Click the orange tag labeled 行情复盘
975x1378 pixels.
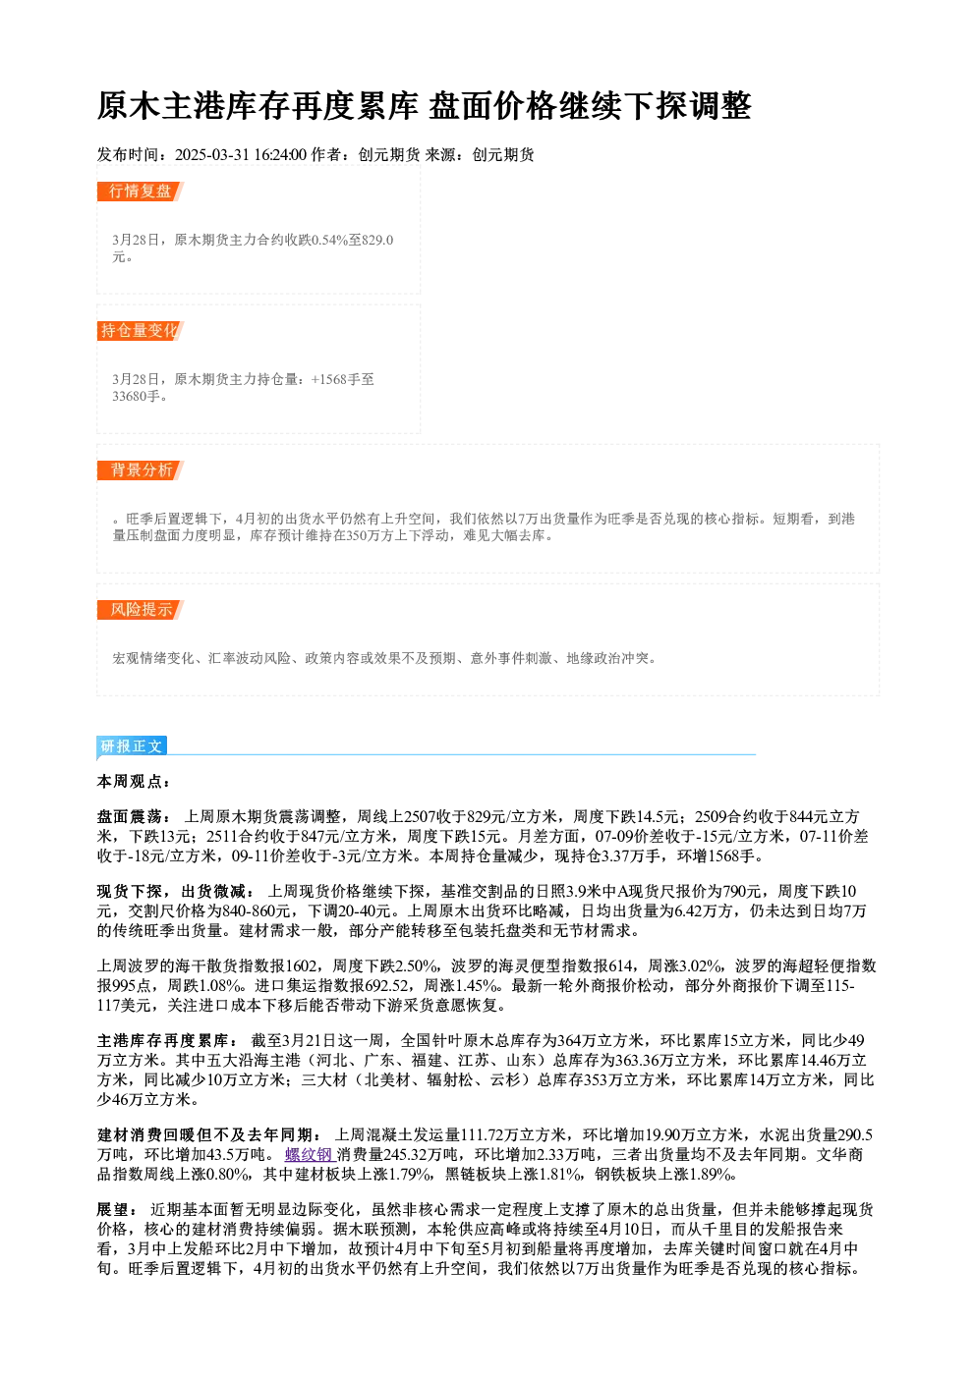(140, 192)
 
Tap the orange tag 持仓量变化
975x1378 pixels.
(140, 331)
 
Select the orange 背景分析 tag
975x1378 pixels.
(140, 470)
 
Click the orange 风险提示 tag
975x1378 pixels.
(140, 610)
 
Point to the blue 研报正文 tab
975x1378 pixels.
(132, 746)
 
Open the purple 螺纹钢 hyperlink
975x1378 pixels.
(310, 1155)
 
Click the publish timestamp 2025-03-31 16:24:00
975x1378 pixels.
(241, 155)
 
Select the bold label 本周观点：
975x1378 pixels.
(133, 782)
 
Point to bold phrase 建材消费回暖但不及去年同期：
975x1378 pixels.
(209, 1135)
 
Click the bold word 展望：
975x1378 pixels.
(117, 1210)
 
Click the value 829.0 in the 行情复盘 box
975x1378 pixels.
(377, 240)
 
